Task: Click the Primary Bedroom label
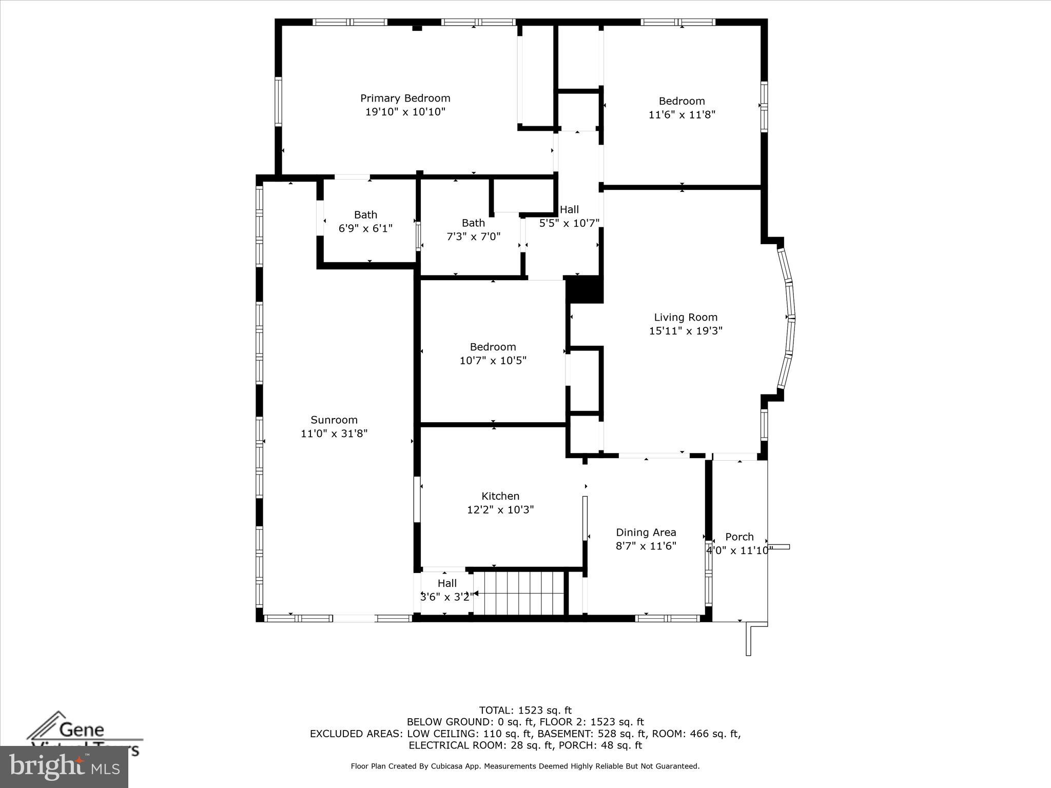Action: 405,98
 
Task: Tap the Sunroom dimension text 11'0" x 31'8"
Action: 334,434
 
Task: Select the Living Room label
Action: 686,317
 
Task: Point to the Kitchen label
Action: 500,496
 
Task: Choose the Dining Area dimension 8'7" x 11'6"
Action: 646,546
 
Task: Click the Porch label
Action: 739,537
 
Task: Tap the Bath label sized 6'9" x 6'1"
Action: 365,214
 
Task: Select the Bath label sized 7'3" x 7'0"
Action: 473,223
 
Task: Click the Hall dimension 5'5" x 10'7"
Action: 569,223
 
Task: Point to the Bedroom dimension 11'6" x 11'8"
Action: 682,114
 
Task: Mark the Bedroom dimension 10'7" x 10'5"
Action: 493,361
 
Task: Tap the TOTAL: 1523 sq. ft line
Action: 525,710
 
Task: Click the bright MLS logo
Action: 64,767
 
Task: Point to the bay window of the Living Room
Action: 789,318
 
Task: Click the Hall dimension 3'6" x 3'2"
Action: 447,597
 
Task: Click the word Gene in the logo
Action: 82,729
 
